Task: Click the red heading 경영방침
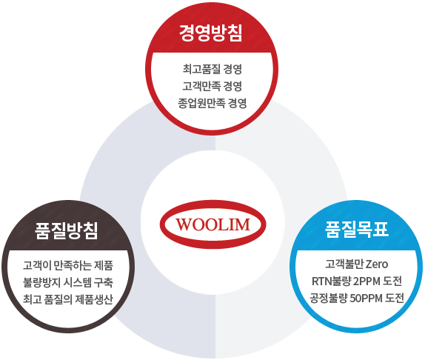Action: (x=210, y=33)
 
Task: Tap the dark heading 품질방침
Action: (x=67, y=231)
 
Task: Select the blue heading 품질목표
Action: (x=356, y=230)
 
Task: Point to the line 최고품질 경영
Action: (x=212, y=69)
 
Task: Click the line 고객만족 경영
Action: (x=212, y=86)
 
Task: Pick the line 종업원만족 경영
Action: (x=212, y=103)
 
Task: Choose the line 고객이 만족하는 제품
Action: (x=68, y=265)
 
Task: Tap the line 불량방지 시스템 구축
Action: (x=68, y=282)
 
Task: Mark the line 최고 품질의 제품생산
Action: (x=68, y=299)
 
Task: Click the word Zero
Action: (x=377, y=264)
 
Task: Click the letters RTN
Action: (x=320, y=281)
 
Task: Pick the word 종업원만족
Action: (x=201, y=103)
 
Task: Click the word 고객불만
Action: (x=344, y=264)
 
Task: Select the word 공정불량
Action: (x=329, y=299)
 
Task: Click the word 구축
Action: (x=104, y=282)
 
